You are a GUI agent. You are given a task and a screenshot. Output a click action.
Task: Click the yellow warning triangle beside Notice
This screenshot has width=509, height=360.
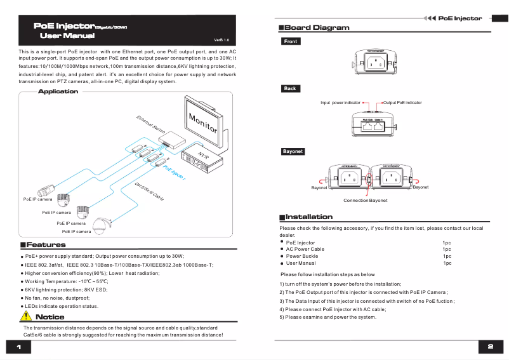pyautogui.click(x=27, y=316)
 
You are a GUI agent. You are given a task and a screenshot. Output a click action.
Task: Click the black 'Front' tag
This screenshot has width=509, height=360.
pyautogui.click(x=290, y=41)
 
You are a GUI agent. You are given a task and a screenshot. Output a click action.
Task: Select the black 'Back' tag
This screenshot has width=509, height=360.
pyautogui.click(x=290, y=88)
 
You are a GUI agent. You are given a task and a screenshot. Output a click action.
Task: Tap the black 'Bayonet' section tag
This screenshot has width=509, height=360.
pyautogui.click(x=293, y=152)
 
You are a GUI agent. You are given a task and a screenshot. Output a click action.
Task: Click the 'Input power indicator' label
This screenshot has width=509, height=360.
pyautogui.click(x=340, y=102)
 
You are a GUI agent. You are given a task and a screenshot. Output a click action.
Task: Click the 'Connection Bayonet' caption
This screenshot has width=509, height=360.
pyautogui.click(x=365, y=200)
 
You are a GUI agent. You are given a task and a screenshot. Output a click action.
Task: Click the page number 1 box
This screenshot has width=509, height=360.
pyautogui.click(x=19, y=347)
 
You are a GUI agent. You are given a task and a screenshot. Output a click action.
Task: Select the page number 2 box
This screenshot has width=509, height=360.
pyautogui.click(x=490, y=347)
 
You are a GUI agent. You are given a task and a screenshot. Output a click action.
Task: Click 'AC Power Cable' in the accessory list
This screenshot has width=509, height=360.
pyautogui.click(x=305, y=250)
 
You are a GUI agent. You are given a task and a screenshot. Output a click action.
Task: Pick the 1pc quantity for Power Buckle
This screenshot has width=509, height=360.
pyautogui.click(x=447, y=256)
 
